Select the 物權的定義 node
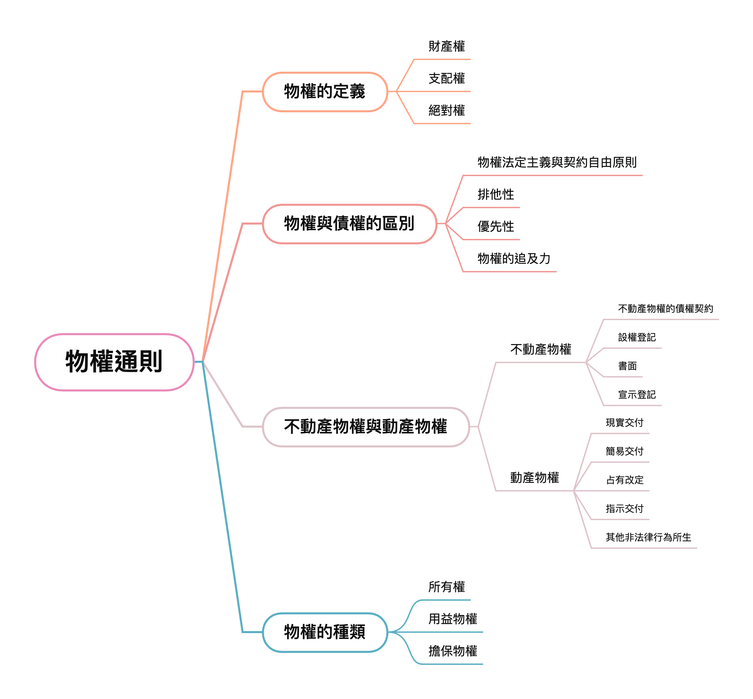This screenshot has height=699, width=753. click(325, 91)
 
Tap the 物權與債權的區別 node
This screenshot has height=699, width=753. click(349, 224)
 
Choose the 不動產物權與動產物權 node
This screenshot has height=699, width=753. click(366, 427)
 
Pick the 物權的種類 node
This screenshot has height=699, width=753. click(325, 632)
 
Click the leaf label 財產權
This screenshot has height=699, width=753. click(446, 46)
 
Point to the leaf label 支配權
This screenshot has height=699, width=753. click(446, 79)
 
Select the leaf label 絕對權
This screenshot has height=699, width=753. click(446, 111)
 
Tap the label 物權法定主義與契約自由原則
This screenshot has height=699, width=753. click(557, 163)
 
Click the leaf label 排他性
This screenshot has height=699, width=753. click(496, 195)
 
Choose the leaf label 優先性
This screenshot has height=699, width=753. click(496, 227)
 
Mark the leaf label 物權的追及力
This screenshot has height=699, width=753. click(514, 259)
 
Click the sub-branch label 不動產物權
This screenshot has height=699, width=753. click(541, 349)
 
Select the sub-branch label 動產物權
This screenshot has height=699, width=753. click(534, 478)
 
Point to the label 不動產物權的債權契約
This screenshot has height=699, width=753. click(665, 309)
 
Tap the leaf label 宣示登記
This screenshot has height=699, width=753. click(637, 395)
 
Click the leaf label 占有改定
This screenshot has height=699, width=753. click(624, 480)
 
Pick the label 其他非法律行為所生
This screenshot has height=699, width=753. click(648, 538)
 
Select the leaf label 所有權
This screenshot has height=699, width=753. click(446, 587)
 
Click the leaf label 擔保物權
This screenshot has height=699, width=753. click(453, 651)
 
